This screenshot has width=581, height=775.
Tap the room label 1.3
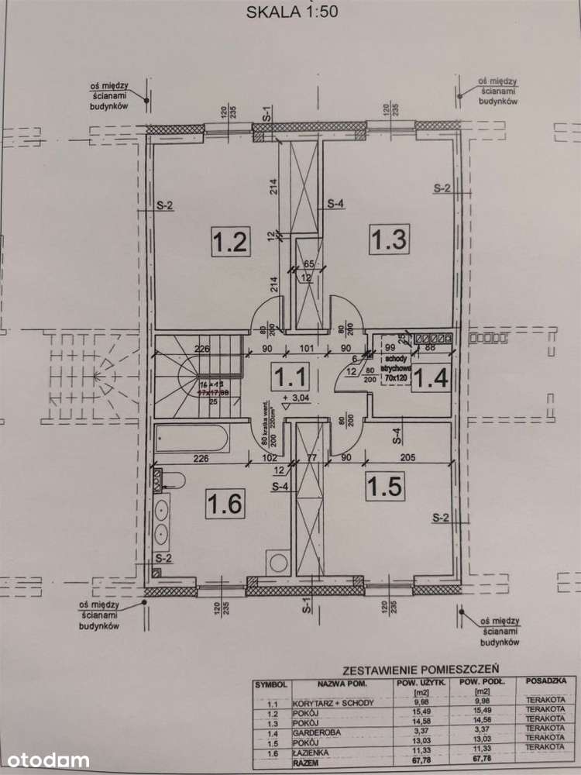[388, 238]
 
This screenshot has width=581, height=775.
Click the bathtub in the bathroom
[191, 440]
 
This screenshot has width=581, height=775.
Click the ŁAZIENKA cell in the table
[311, 750]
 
